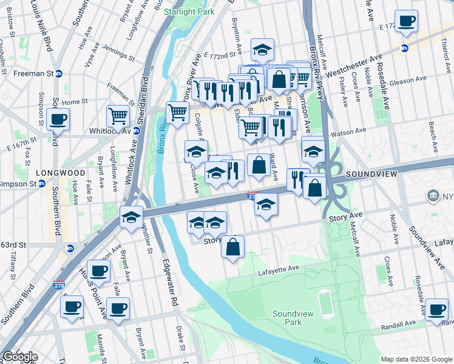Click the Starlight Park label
click(x=191, y=12)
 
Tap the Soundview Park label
click(x=287, y=318)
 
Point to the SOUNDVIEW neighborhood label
click(x=371, y=174)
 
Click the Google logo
click(x=19, y=357)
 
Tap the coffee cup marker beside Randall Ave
click(x=436, y=310)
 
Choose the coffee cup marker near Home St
click(x=58, y=118)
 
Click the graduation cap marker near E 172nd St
click(x=262, y=50)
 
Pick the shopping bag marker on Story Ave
click(x=232, y=246)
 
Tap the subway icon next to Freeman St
click(x=59, y=73)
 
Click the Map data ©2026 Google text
click(x=416, y=359)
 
